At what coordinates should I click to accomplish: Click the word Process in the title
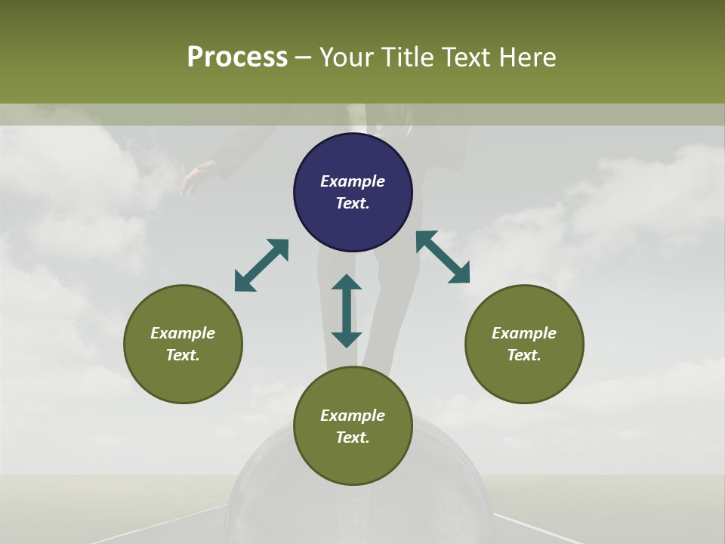(x=237, y=57)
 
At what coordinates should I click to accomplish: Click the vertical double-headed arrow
(x=347, y=311)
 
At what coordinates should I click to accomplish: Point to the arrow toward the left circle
(x=261, y=265)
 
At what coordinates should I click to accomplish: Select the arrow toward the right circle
(x=443, y=257)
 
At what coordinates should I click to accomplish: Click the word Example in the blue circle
(x=353, y=181)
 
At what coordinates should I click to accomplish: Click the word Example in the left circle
(x=183, y=333)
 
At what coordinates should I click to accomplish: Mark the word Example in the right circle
(x=524, y=333)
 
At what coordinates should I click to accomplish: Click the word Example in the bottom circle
(x=353, y=416)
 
